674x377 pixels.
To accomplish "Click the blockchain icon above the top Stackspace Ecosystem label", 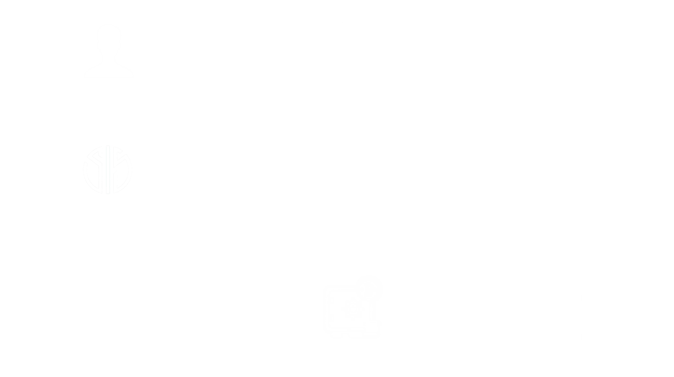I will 350,46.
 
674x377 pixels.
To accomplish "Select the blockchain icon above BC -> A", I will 109,313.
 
